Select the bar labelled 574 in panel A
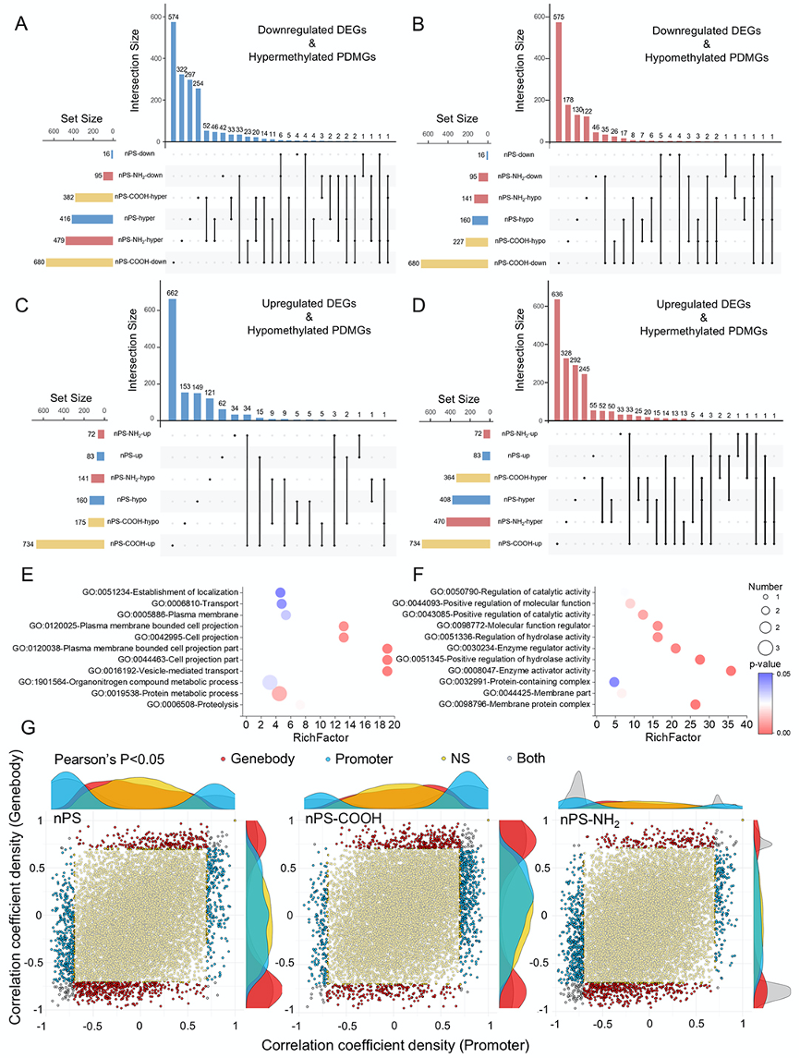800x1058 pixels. click(172, 82)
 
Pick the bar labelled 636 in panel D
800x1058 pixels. click(556, 360)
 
